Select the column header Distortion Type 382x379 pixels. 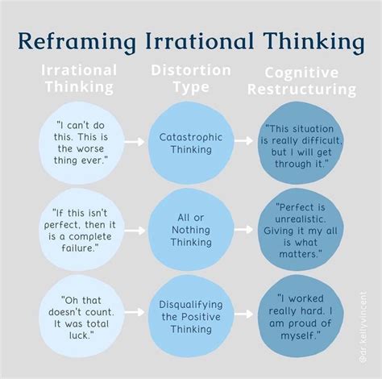pos(191,78)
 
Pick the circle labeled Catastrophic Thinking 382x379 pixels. pos(190,144)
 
